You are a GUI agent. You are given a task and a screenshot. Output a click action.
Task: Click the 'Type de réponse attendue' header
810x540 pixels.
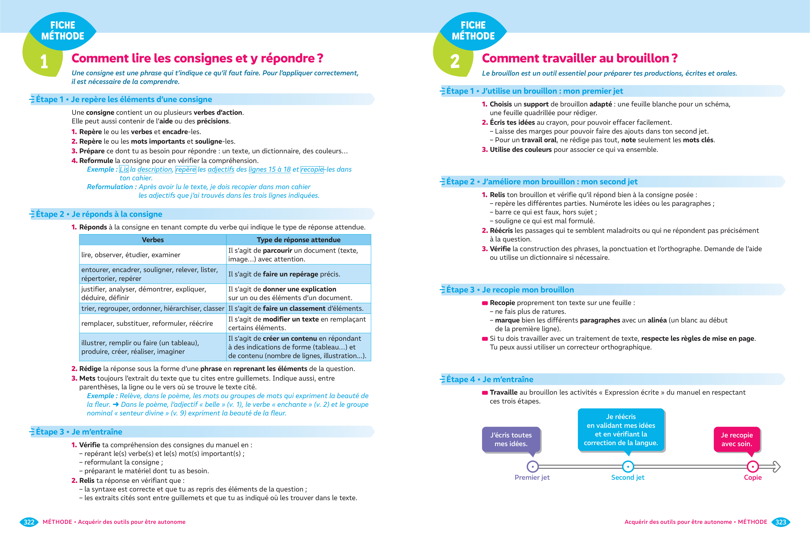(299, 240)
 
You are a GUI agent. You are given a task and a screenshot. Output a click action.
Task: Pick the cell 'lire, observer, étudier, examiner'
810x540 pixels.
(131, 255)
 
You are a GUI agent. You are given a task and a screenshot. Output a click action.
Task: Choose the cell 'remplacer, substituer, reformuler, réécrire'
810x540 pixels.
(147, 323)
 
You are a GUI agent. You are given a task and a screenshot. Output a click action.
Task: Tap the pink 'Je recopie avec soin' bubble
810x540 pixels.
(737, 439)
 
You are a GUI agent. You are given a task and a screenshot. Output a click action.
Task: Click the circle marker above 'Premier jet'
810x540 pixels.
(533, 467)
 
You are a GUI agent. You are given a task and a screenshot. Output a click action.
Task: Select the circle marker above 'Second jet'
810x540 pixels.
(628, 467)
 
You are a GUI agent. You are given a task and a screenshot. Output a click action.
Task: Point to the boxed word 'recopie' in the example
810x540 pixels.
(312, 169)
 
